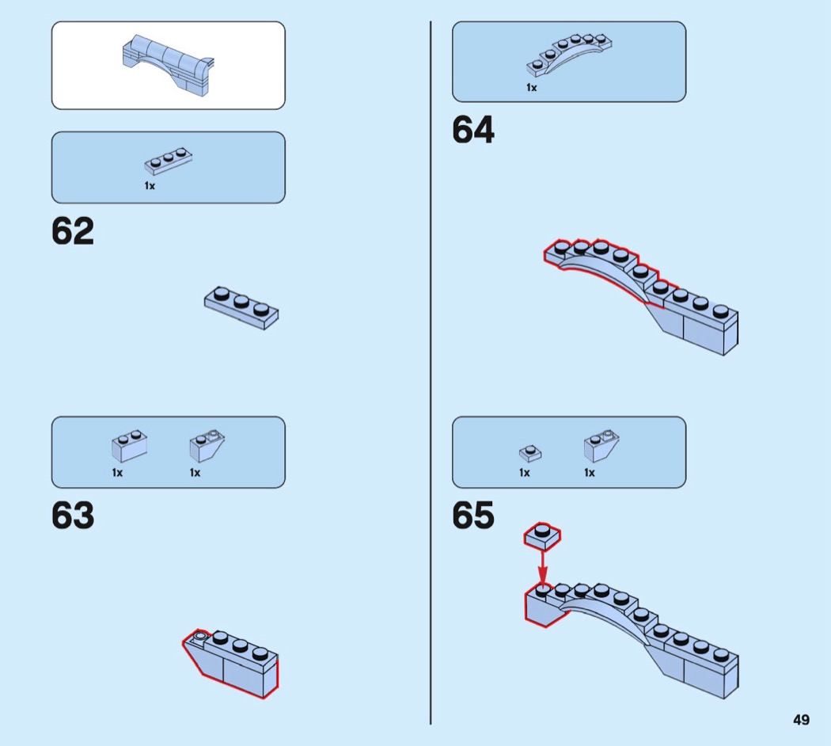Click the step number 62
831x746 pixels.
tap(73, 231)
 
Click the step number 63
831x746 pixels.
tap(73, 516)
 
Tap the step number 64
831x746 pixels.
tap(473, 131)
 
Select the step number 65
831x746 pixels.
tap(473, 516)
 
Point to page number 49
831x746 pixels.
tap(801, 720)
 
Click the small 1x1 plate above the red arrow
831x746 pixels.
tap(542, 536)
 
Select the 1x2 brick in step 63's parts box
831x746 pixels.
tap(129, 445)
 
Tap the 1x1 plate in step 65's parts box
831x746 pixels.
tap(530, 452)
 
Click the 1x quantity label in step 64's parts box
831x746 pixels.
tap(532, 88)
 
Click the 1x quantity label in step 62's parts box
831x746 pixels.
tap(150, 186)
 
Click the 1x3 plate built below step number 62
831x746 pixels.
tap(241, 306)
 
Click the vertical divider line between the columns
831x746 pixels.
tap(431, 372)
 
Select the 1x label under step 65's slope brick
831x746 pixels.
tap(590, 473)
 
